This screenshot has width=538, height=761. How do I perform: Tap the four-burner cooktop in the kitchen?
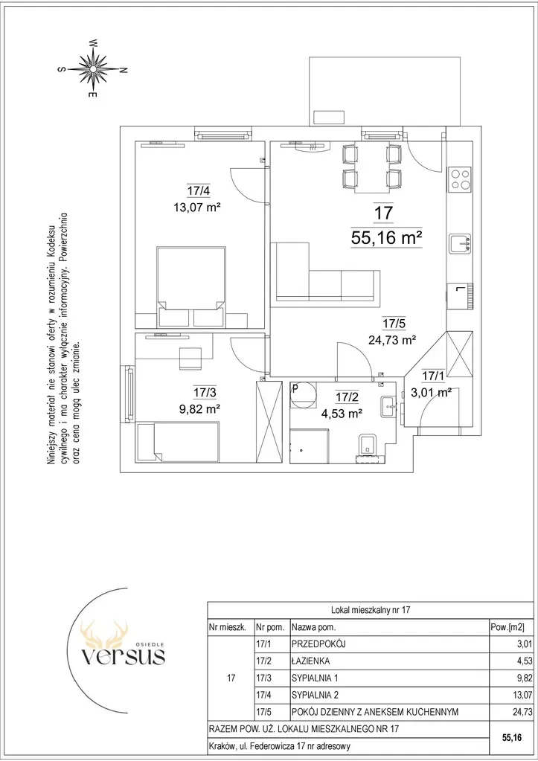459,179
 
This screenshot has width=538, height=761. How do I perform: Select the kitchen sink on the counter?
460,243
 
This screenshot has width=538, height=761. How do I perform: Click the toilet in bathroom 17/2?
367,447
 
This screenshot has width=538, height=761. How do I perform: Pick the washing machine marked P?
303,394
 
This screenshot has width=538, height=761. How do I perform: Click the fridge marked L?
459,295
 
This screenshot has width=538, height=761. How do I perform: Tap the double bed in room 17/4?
190,286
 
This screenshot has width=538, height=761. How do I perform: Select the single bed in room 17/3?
178,442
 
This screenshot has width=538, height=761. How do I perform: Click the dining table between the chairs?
372,167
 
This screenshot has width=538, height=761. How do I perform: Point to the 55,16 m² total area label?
386,238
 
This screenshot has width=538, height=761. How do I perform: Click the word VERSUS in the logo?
123,656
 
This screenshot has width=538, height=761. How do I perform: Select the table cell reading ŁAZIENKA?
311,661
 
